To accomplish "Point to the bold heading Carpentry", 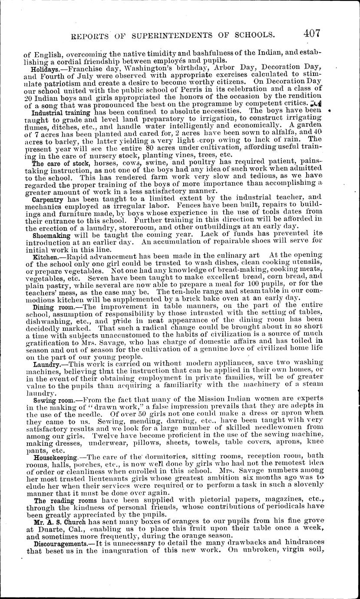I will click(x=48, y=199).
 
